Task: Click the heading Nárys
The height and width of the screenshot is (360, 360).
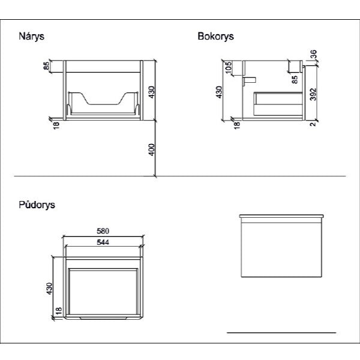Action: (31, 37)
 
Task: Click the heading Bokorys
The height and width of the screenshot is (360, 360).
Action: (215, 36)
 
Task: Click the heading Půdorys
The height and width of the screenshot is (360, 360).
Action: (37, 205)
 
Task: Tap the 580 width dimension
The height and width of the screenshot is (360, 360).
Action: (103, 231)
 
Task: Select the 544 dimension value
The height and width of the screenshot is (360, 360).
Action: (103, 242)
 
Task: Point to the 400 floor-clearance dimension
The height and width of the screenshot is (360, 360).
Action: (152, 149)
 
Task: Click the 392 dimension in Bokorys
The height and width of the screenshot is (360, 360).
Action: (313, 94)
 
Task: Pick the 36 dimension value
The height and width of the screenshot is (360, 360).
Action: (313, 54)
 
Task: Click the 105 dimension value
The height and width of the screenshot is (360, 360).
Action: (229, 67)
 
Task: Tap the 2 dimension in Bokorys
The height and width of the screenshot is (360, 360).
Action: (313, 124)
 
